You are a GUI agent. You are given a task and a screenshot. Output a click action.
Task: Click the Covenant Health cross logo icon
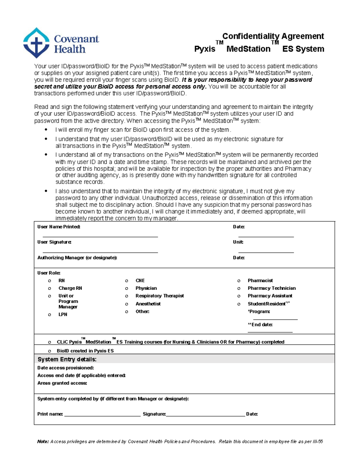click(36, 43)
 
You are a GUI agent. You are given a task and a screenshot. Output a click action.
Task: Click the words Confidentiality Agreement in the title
click(273, 36)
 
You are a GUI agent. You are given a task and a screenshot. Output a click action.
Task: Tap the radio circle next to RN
click(49, 281)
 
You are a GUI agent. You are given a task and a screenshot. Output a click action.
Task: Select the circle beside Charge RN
click(49, 288)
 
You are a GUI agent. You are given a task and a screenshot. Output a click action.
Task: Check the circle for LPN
click(49, 315)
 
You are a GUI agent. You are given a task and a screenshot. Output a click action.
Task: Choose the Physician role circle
click(127, 288)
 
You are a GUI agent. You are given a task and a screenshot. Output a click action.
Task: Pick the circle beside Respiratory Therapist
click(127, 296)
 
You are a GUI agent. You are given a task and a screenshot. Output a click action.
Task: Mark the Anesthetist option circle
click(127, 304)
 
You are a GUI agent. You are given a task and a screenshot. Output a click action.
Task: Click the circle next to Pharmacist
click(239, 281)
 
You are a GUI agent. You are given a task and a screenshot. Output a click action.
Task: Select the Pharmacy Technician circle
click(239, 288)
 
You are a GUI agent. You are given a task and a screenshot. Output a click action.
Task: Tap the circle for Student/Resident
click(239, 304)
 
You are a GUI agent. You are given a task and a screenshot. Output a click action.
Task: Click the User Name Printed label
click(58, 227)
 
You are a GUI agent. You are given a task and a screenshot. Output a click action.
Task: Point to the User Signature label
click(54, 242)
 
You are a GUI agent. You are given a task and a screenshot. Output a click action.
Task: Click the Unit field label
click(238, 242)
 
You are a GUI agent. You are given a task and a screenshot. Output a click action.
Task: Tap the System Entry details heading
click(67, 359)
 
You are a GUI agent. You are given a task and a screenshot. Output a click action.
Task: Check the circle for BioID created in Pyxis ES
click(49, 351)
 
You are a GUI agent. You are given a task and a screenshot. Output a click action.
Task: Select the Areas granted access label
click(62, 383)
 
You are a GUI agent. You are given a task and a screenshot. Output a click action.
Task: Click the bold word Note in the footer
click(43, 441)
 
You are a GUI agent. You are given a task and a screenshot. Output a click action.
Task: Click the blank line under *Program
click(275, 319)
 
